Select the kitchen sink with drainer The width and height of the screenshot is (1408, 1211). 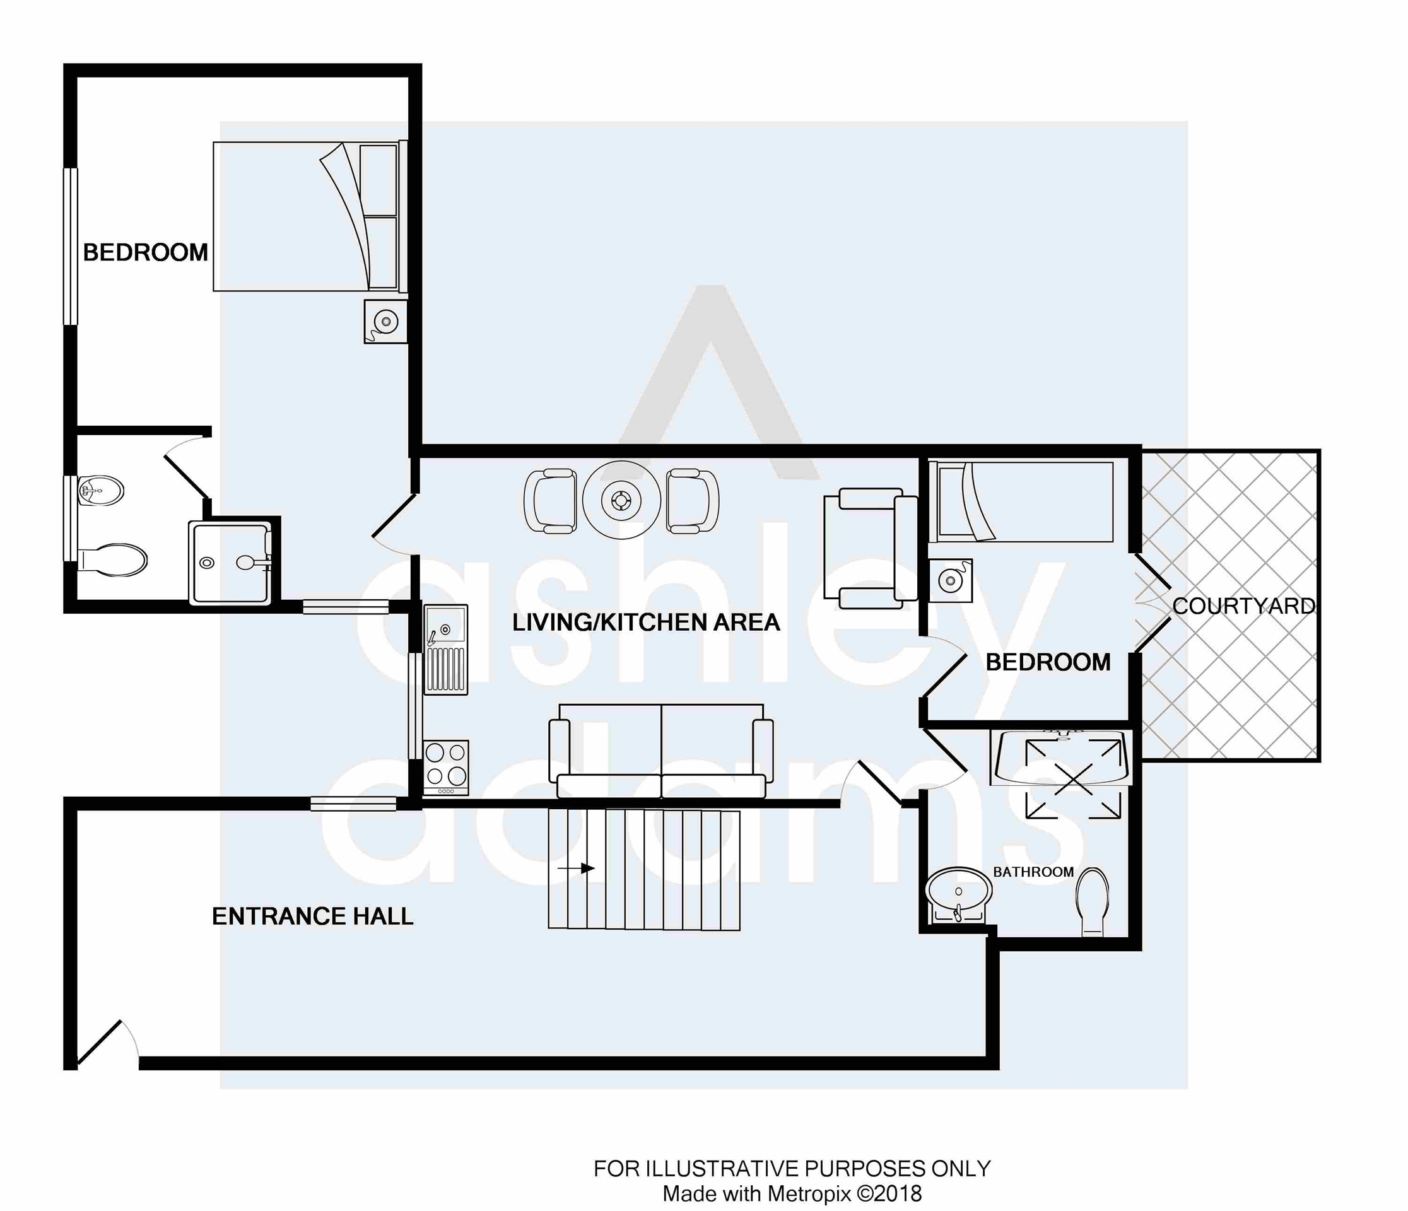(446, 650)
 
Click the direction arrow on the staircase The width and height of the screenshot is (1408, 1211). (575, 869)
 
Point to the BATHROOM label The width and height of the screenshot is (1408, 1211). (1033, 872)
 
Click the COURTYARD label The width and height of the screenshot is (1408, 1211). (1243, 605)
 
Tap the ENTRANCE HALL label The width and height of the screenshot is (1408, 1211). (313, 916)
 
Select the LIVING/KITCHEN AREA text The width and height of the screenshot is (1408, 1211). (645, 622)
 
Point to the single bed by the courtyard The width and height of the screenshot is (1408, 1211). (1021, 502)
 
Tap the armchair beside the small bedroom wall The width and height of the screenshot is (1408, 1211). (871, 547)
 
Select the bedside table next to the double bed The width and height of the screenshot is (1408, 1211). (385, 321)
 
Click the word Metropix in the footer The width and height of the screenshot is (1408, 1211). (809, 1193)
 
